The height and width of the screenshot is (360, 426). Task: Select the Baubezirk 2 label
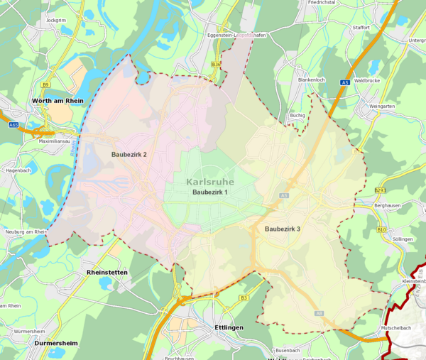[x=129, y=154]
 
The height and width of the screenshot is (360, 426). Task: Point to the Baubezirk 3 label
[x=283, y=229]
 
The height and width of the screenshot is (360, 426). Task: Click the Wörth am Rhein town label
[x=58, y=102]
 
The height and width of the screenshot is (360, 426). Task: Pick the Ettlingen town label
[x=228, y=327]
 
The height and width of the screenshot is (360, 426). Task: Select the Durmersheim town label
[x=56, y=343]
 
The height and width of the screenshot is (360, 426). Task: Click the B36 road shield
[x=216, y=64]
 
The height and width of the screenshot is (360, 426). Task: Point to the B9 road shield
[x=45, y=84]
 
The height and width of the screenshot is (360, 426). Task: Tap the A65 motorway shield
[x=13, y=124]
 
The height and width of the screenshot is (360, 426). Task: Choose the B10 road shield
[x=381, y=230]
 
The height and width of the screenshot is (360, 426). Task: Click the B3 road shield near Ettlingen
[x=244, y=298]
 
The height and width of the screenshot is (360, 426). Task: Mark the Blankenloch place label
[x=311, y=80]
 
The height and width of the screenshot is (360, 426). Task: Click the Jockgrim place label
[x=55, y=20]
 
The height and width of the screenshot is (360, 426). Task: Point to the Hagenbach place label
[x=18, y=171]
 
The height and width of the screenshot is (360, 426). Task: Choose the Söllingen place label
[x=402, y=239]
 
